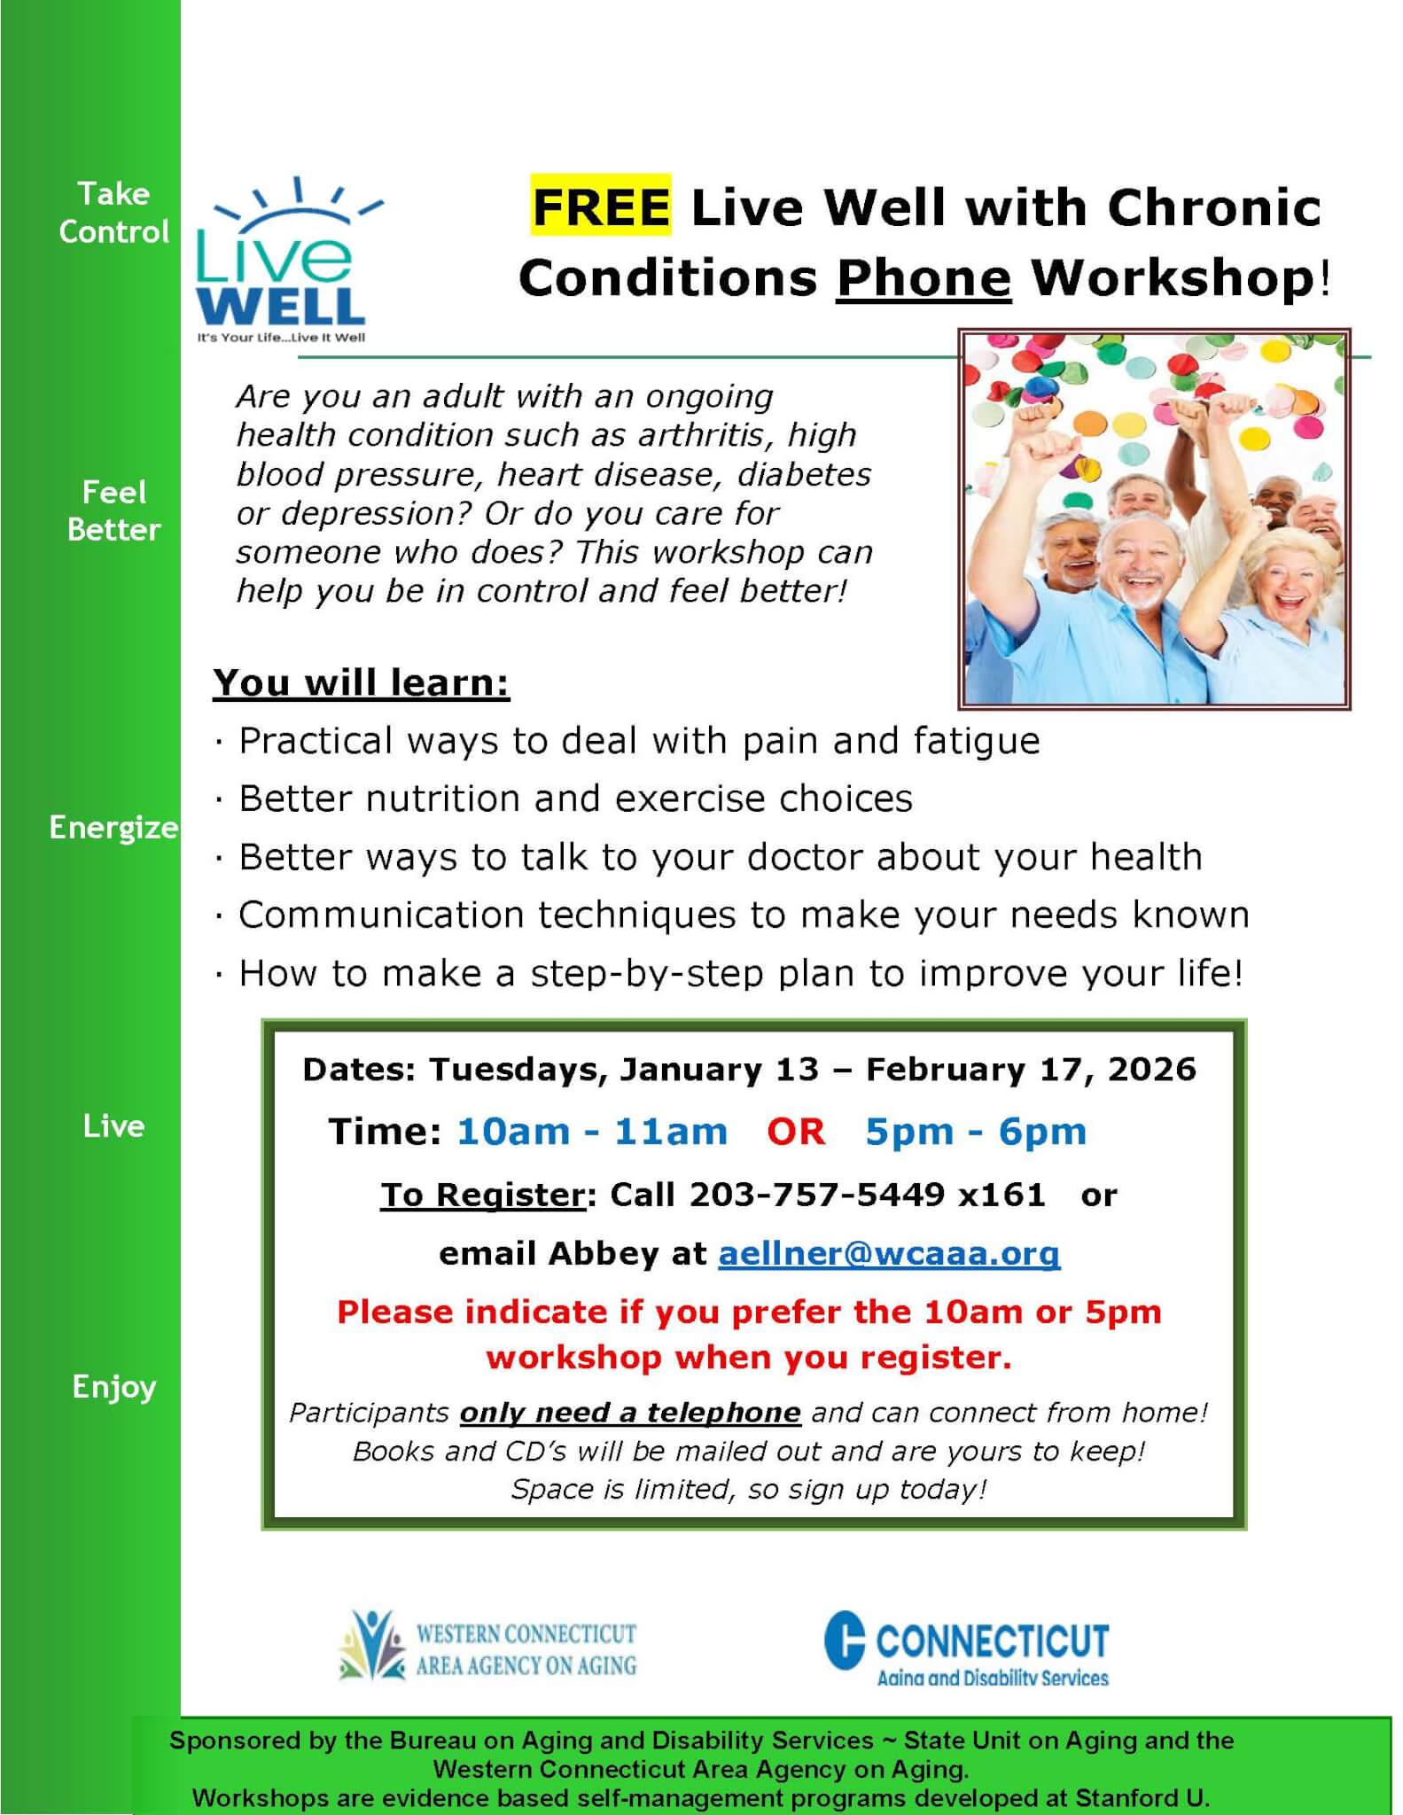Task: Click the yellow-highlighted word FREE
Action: pyautogui.click(x=601, y=206)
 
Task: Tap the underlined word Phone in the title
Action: pyautogui.click(x=924, y=278)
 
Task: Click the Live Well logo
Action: pyautogui.click(x=286, y=260)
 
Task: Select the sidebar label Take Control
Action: pyautogui.click(x=113, y=213)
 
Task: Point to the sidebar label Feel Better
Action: pyautogui.click(x=113, y=510)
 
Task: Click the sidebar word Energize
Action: pyautogui.click(x=113, y=828)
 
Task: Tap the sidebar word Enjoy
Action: pyautogui.click(x=113, y=1386)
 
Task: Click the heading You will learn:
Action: pyautogui.click(x=362, y=682)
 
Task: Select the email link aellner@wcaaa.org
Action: pyautogui.click(x=889, y=1253)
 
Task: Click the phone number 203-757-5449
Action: pyautogui.click(x=817, y=1195)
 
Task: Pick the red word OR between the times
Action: pyautogui.click(x=796, y=1132)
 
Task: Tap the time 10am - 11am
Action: pyautogui.click(x=592, y=1132)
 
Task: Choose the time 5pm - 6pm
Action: pyautogui.click(x=976, y=1132)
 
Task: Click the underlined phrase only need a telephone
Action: pyautogui.click(x=630, y=1413)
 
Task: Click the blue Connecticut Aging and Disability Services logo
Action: pyautogui.click(x=966, y=1649)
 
